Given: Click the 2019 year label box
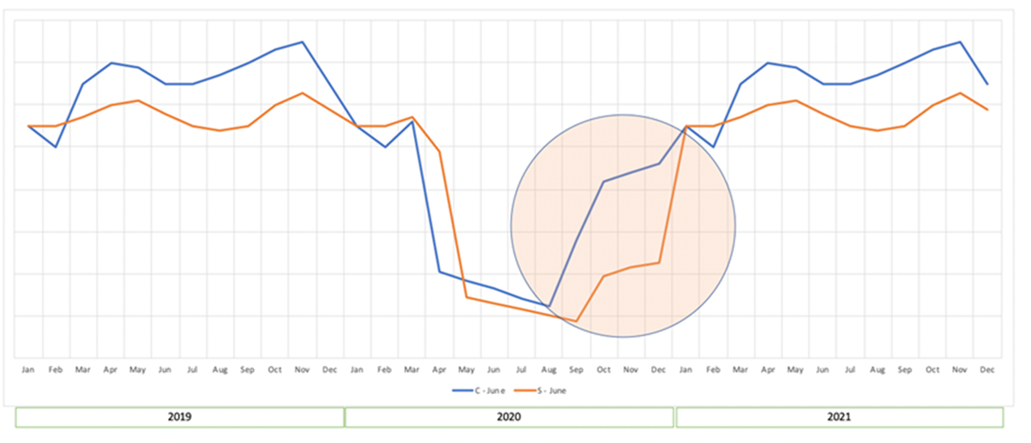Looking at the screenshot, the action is (180, 417).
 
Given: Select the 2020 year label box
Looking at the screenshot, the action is (510, 417).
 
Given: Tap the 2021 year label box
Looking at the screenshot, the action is (840, 417).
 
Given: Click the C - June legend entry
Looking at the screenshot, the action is (479, 391).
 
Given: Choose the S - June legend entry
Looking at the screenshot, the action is (541, 391).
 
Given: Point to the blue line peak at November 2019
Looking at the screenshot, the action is (302, 42).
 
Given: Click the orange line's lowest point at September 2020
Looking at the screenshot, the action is (576, 321).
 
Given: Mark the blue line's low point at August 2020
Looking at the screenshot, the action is (548, 306).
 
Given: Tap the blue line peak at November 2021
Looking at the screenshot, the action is (960, 42).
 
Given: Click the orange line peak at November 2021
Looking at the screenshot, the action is (960, 93).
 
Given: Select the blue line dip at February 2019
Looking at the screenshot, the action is (56, 147).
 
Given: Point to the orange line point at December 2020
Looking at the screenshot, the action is (660, 263).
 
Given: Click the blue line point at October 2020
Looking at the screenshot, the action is (604, 182).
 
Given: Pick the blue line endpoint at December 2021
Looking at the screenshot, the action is (987, 84).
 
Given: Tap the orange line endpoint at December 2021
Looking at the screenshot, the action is (987, 110).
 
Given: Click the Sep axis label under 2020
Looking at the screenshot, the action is (576, 369).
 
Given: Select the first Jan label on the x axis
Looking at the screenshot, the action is (28, 369).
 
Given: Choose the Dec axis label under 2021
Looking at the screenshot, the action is (987, 369).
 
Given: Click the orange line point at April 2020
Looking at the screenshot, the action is (440, 152).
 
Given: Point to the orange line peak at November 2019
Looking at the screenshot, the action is (302, 93).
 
